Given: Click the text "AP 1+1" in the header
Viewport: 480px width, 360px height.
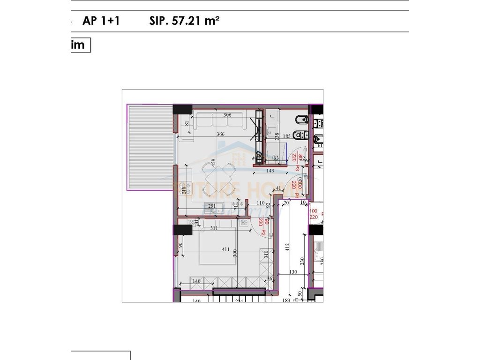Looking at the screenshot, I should (101, 21).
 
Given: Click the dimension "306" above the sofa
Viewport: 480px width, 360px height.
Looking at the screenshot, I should (228, 115).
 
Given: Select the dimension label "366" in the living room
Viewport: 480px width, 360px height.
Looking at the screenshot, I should (220, 134).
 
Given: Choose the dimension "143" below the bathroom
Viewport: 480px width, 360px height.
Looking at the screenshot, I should (283, 171).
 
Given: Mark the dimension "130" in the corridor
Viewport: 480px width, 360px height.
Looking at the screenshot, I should (293, 272).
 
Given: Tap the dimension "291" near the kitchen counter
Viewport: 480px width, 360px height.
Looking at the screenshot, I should (212, 205).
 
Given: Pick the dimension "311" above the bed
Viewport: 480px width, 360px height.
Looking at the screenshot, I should (214, 229).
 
